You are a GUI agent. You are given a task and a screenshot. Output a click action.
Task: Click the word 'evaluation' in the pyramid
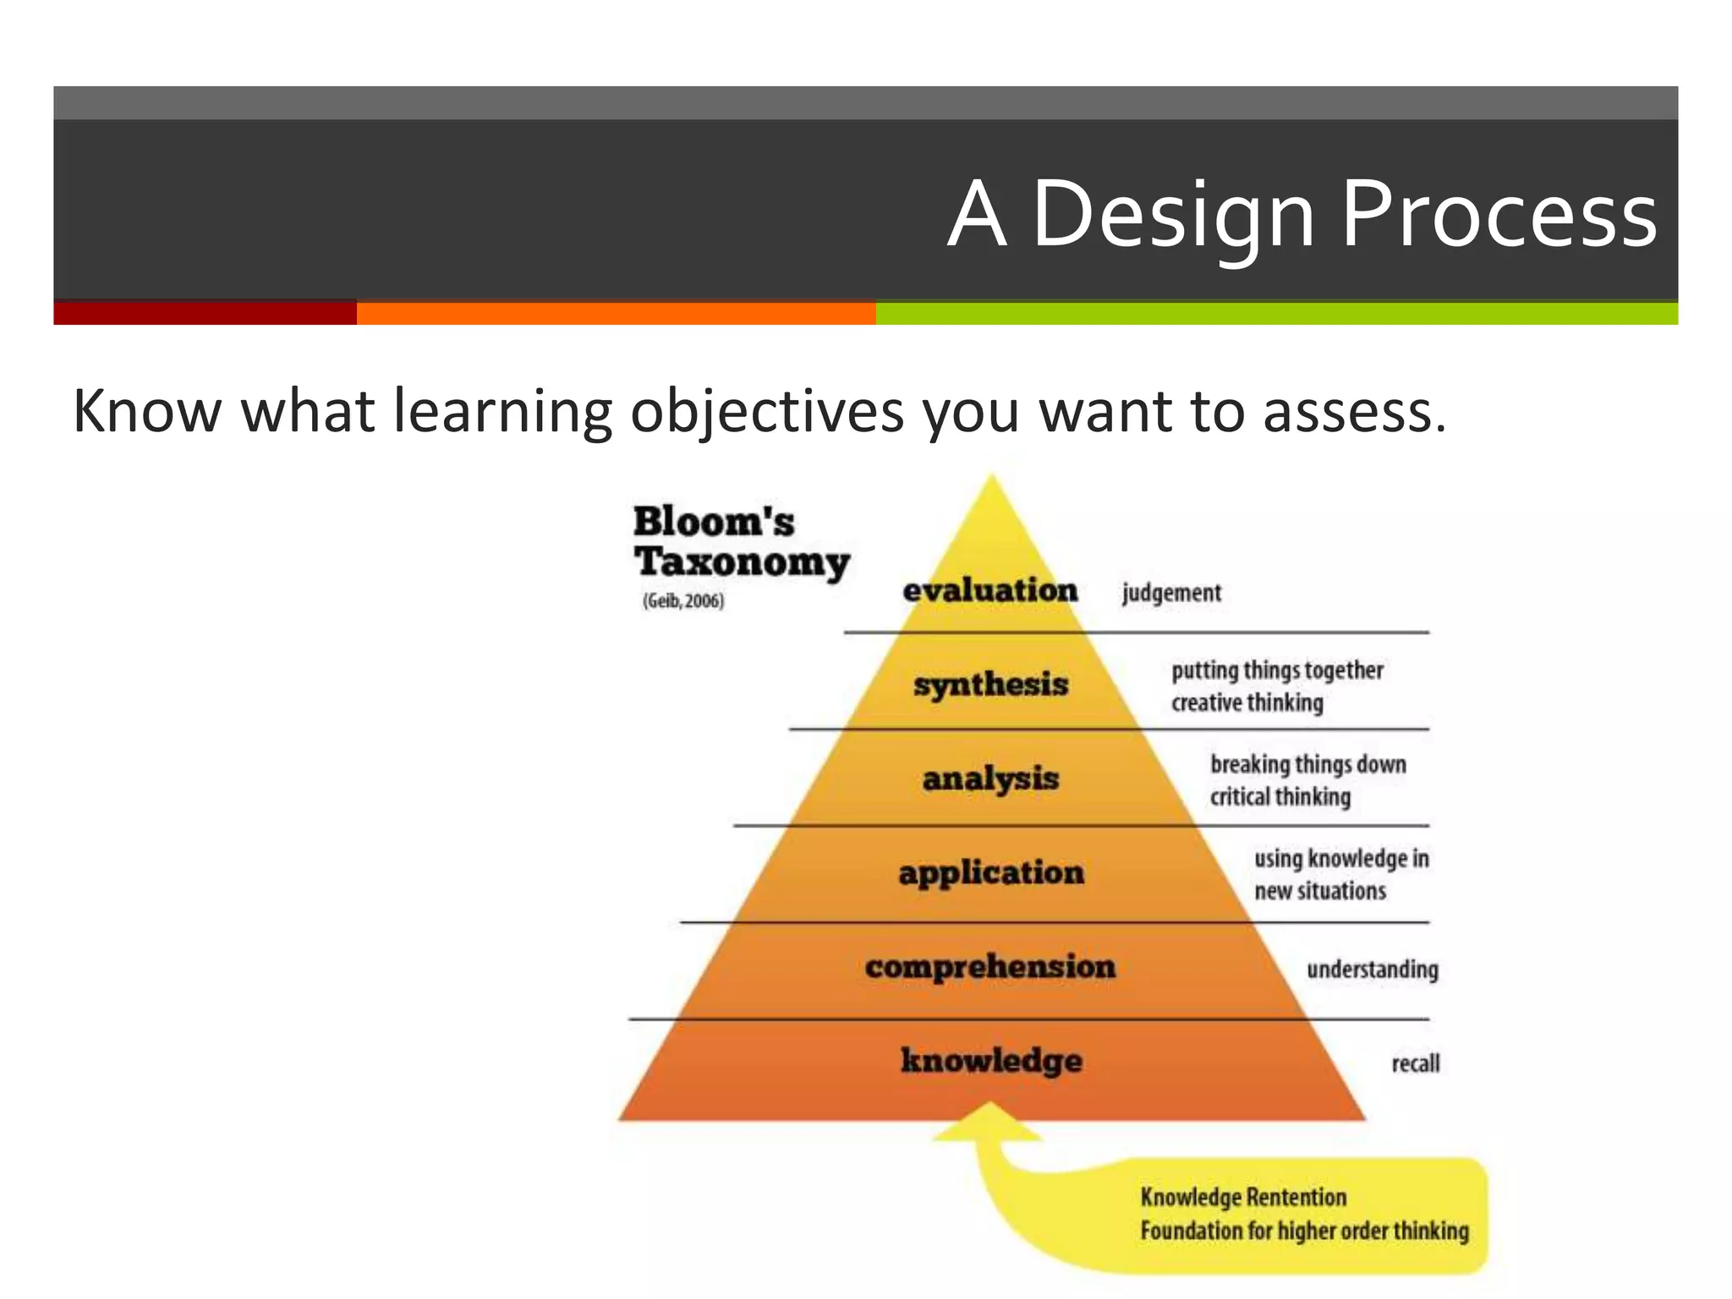990,590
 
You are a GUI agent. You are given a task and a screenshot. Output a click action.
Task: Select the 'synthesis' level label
990,684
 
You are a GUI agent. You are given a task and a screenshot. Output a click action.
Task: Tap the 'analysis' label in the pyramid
990,779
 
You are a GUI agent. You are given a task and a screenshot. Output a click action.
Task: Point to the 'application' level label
991,873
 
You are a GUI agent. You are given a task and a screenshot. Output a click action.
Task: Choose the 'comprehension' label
990,967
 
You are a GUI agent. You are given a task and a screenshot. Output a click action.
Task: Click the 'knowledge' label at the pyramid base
991,1061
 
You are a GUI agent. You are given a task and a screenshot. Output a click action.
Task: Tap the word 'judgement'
1171,593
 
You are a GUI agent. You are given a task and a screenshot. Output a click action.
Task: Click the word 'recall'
1415,1063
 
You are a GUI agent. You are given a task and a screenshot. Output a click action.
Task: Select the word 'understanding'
1372,969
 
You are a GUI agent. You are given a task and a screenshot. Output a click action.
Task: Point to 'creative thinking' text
1247,703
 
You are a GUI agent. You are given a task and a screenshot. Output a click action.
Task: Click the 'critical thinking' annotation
1280,797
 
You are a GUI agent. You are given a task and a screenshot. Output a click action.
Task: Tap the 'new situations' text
1320,891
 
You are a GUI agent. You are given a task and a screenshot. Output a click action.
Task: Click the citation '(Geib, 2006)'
683,601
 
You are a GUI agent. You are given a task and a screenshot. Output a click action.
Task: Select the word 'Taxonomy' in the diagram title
742,562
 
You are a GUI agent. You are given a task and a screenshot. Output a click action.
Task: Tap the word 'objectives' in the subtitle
767,412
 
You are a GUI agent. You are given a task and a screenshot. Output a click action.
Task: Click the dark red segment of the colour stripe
205,313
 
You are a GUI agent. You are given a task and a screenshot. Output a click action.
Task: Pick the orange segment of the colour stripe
616,313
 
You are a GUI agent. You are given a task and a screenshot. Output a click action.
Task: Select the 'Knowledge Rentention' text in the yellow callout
1243,1198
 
